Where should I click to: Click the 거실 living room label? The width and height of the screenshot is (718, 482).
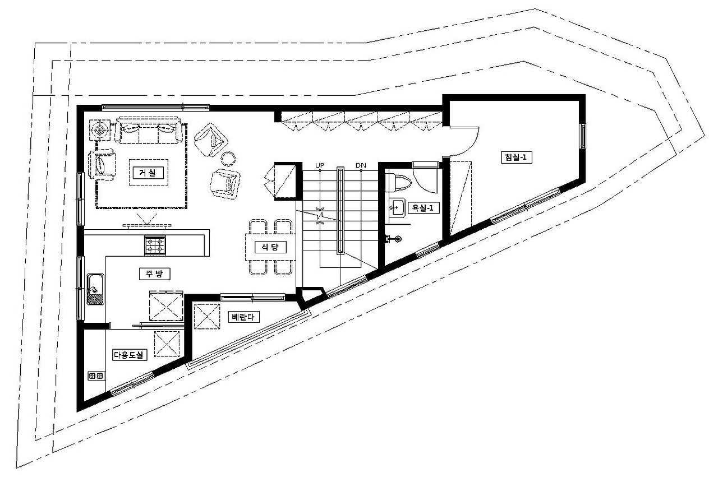(x=148, y=173)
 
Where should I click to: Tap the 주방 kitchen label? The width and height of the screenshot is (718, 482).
(x=154, y=274)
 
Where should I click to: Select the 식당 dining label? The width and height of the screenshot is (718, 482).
(x=270, y=247)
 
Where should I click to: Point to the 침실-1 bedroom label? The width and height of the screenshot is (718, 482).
(x=516, y=157)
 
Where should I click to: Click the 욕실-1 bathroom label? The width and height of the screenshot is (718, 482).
(x=423, y=208)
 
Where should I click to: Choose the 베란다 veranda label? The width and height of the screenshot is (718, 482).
(x=243, y=317)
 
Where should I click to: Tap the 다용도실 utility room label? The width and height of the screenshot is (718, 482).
(x=130, y=355)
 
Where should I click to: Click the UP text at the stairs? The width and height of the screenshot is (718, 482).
(x=320, y=165)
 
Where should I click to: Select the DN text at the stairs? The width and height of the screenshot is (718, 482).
(x=361, y=165)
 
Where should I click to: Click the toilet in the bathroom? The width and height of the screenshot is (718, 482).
(x=400, y=183)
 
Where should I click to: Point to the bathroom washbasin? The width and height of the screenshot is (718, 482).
(x=397, y=207)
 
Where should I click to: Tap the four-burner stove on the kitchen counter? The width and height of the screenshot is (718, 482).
(x=155, y=245)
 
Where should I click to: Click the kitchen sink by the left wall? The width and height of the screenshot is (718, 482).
(x=96, y=289)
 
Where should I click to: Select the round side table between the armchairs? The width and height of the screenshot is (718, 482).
(x=228, y=159)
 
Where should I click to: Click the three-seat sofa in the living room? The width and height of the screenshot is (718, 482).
(x=149, y=131)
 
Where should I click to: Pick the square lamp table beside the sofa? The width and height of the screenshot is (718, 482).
(x=100, y=130)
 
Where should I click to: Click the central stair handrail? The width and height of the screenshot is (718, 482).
(x=340, y=210)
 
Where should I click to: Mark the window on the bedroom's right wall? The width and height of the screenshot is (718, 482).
(x=583, y=136)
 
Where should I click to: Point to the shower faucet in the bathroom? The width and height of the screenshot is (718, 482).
(x=394, y=239)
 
